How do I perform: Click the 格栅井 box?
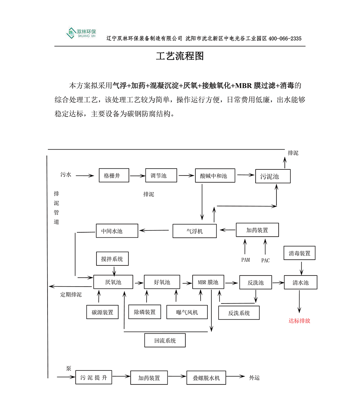[x=114, y=176]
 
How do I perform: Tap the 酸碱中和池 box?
[x=215, y=176]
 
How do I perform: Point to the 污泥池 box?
[x=273, y=176]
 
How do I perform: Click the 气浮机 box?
[x=194, y=231]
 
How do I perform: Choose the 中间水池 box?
[x=117, y=231]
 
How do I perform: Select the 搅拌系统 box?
[x=112, y=259]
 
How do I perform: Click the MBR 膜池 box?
[x=208, y=282]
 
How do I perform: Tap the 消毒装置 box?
[x=300, y=253]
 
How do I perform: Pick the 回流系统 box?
[x=165, y=340]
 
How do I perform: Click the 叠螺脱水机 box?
[x=206, y=378]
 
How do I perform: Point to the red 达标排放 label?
[x=299, y=321]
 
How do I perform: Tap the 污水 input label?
[x=66, y=175]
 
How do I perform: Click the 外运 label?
[x=254, y=378]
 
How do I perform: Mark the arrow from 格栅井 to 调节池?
[x=137, y=176]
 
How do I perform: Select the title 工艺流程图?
[x=180, y=56]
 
